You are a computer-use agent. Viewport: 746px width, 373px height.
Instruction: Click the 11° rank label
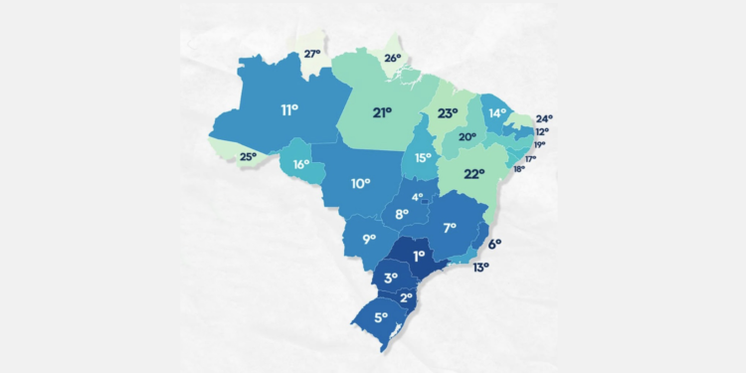click(289, 109)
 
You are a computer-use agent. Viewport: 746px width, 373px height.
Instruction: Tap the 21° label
click(382, 112)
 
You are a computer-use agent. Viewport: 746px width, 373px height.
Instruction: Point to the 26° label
click(393, 58)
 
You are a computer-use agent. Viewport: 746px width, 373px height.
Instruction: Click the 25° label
click(248, 156)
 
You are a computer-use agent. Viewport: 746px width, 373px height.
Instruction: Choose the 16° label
click(300, 163)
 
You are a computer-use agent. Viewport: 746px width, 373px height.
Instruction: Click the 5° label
click(381, 319)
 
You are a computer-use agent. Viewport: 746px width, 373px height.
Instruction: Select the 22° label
click(474, 173)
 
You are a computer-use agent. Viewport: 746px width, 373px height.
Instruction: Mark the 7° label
click(450, 227)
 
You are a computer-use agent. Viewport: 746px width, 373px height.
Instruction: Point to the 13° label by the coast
click(480, 268)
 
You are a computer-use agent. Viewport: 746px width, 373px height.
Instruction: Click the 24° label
click(544, 118)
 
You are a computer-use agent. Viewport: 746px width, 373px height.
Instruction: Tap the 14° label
click(497, 112)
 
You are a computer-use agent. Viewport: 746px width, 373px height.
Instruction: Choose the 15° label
click(423, 157)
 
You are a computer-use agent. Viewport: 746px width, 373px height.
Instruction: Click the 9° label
click(368, 239)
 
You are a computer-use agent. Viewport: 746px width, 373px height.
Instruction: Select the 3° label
click(391, 278)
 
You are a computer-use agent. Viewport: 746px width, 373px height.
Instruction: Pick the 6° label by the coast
click(494, 243)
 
